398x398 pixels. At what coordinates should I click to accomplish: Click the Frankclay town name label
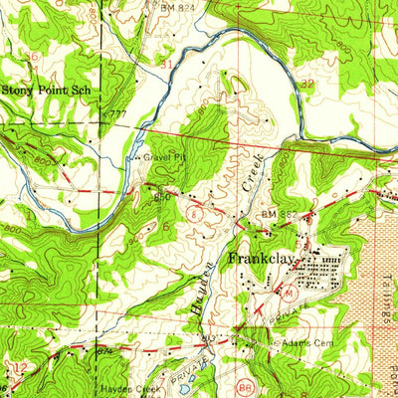262,257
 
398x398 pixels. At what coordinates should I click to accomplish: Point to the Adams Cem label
306,342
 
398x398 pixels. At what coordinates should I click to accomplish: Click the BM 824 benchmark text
173,5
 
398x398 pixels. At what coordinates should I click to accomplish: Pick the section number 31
166,64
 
